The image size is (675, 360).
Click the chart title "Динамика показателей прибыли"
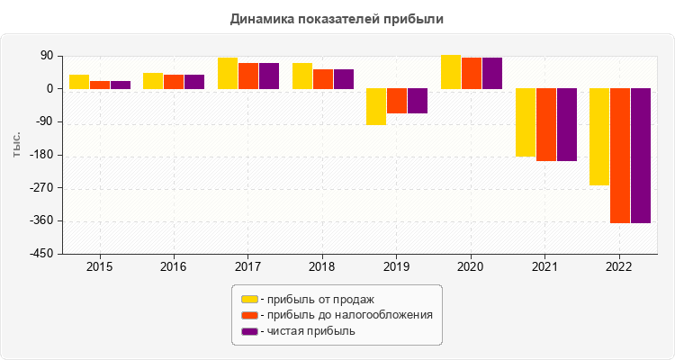[x=337, y=18]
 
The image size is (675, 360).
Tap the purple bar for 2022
[x=640, y=155]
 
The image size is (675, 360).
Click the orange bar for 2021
[x=545, y=124]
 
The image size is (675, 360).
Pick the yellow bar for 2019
[x=375, y=106]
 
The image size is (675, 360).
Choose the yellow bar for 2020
[x=450, y=72]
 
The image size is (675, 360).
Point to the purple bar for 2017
[x=269, y=76]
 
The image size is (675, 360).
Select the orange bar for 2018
[x=323, y=79]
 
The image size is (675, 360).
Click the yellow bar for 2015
[x=79, y=82]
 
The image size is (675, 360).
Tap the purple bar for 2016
[x=194, y=82]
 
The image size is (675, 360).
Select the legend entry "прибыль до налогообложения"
[x=346, y=315]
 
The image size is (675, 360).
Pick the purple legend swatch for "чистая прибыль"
[x=249, y=331]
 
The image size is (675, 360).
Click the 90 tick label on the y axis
[x=46, y=56]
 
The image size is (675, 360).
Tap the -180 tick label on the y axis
[x=40, y=155]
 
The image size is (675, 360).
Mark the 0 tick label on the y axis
[x=49, y=89]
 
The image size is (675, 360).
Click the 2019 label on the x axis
[x=396, y=267]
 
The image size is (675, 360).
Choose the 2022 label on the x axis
[x=618, y=267]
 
